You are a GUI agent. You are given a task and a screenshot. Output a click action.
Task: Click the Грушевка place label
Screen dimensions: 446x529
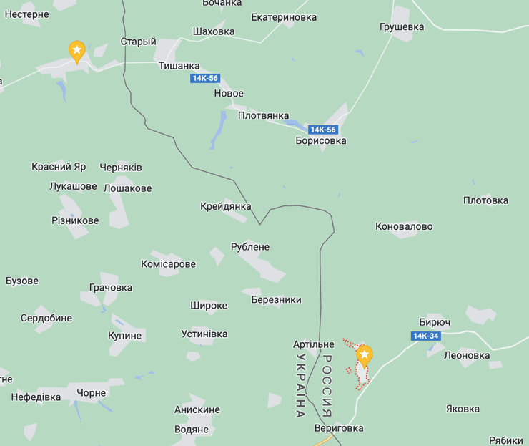402,27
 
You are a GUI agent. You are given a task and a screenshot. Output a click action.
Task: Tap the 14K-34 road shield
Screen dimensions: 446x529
425,336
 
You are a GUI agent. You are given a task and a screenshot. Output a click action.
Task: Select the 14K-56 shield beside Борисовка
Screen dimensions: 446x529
323,130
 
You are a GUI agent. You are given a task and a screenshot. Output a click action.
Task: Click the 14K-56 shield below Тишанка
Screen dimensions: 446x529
204,79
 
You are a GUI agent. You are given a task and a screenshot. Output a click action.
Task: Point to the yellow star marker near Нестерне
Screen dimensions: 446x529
76,51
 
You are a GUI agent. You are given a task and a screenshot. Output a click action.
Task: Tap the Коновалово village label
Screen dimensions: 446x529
404,226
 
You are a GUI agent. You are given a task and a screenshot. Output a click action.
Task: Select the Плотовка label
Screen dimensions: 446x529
485,200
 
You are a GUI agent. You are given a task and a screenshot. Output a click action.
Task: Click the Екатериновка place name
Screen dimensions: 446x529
284,17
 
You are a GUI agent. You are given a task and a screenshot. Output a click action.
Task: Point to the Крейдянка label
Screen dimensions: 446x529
226,206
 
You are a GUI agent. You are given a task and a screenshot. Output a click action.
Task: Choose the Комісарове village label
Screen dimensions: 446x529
168,264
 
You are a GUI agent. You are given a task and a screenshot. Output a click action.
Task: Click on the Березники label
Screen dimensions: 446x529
276,300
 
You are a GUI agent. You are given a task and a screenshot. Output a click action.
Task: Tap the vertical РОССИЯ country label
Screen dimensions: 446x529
327,386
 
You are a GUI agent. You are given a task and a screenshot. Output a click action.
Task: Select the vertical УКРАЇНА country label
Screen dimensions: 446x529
300,386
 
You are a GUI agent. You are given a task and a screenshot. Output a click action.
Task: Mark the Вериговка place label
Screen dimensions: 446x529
339,428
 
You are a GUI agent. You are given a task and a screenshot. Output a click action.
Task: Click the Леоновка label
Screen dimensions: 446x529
467,355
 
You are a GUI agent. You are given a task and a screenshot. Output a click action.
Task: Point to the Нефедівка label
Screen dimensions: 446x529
36,397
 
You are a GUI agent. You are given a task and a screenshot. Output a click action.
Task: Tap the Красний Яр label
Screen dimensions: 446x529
59,167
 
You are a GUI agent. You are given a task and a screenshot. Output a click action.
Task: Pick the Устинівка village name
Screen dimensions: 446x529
204,334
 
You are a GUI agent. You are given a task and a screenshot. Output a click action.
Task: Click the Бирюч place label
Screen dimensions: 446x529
435,323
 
